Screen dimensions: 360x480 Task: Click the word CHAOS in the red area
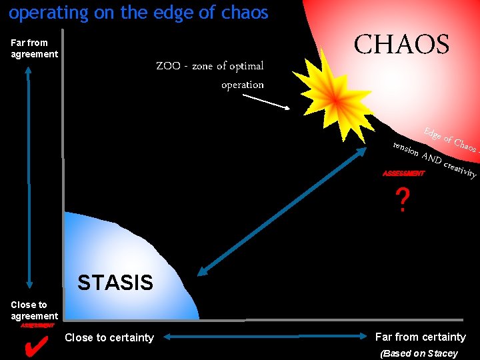point(401,45)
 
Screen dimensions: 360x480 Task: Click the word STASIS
point(115,283)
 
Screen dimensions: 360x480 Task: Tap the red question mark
point(401,200)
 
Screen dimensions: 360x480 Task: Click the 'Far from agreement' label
point(34,48)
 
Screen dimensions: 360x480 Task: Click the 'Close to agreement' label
point(34,310)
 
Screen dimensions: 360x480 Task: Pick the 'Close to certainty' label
point(109,337)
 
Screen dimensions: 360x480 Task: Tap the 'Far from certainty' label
point(420,337)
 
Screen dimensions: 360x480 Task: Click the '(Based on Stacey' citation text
point(419,353)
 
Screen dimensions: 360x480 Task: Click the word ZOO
point(167,66)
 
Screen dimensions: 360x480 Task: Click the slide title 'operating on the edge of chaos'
point(139,13)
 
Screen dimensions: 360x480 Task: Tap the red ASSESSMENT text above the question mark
point(403,174)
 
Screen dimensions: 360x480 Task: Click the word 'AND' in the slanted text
point(433,159)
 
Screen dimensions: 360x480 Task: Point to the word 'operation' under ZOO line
point(242,85)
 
